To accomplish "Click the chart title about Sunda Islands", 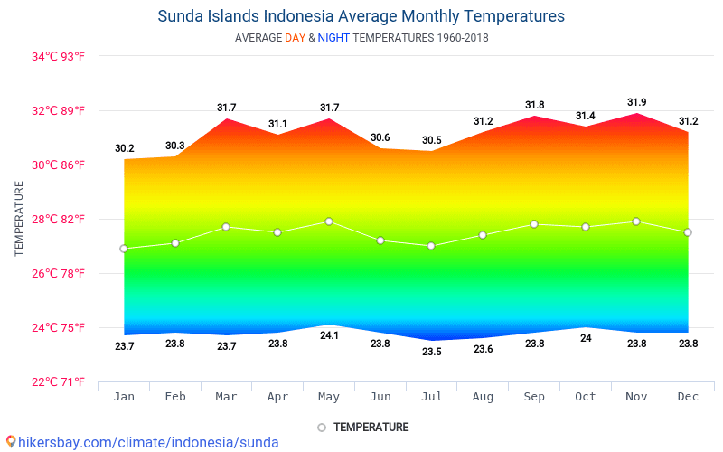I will point(361,16).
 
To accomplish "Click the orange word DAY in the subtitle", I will point(295,38).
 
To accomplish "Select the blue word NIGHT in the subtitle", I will point(333,38).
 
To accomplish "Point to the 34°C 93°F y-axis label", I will point(59,57).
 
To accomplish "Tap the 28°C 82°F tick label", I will point(59,219).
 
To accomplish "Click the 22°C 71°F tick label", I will point(59,381).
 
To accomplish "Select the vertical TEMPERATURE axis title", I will point(19,219).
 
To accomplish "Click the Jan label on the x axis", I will point(124,397).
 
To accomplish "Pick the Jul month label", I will point(431,397).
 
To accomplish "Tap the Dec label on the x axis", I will point(688,397).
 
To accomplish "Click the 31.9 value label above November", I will point(636,102).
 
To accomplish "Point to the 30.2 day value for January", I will point(124,148).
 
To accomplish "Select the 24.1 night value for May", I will point(329,335).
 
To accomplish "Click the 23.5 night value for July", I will point(431,351).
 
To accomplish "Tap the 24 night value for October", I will point(586,338).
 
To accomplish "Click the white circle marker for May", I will point(329,221).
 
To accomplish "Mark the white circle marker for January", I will point(124,249).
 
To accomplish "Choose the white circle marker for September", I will point(534,224).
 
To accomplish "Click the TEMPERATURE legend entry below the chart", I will point(362,427).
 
